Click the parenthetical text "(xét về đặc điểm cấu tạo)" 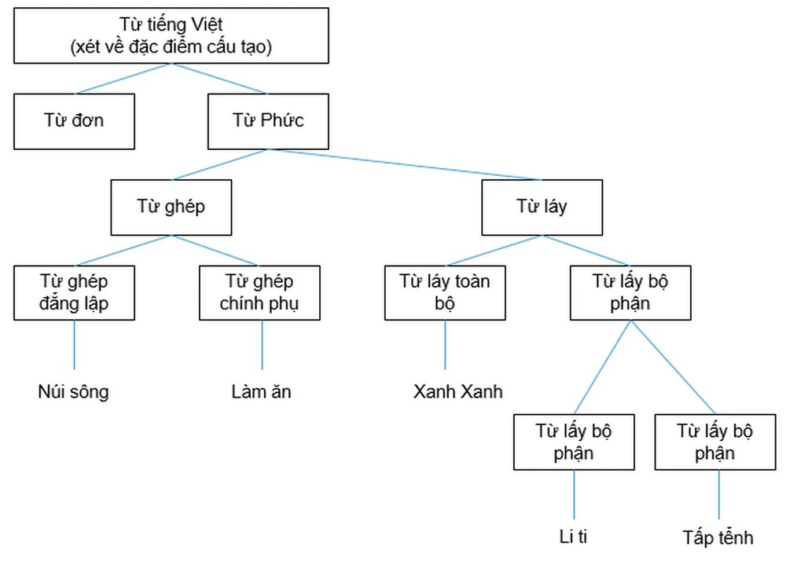(x=171, y=47)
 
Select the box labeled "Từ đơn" (x=74, y=121)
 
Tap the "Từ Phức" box (x=268, y=121)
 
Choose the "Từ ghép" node (x=171, y=207)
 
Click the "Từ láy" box (x=542, y=207)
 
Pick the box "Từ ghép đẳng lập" (x=74, y=292)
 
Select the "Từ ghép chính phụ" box (x=259, y=292)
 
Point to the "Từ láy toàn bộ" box (x=445, y=292)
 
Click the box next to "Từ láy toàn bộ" (x=630, y=292)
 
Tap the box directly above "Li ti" (x=574, y=442)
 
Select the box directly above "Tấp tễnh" (x=715, y=442)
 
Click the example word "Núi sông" (x=73, y=391)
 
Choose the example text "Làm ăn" (x=261, y=391)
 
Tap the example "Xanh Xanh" (x=457, y=391)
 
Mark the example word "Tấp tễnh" (x=718, y=537)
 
